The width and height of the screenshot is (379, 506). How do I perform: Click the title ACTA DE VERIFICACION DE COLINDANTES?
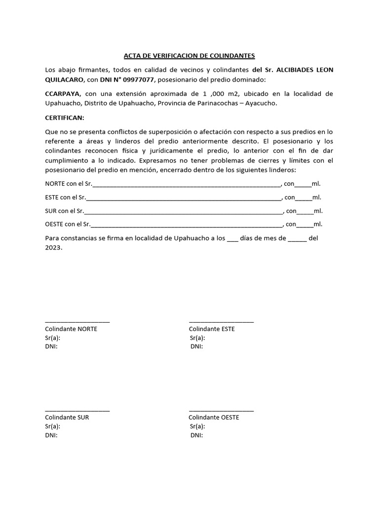189,56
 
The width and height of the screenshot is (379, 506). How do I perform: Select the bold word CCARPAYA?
62,94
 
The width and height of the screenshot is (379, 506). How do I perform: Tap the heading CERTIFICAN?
65,118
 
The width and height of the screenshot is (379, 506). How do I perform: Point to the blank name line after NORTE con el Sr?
187,184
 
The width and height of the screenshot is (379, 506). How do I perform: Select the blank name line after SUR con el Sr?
184,211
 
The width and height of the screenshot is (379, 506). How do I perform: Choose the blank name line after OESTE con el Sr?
186,224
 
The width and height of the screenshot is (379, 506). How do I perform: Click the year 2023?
54,248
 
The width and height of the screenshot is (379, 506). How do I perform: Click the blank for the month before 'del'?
297,239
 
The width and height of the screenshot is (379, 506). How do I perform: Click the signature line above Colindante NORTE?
77,322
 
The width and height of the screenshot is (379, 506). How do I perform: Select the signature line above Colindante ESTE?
221,322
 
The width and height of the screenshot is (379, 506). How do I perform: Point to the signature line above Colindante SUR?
77,410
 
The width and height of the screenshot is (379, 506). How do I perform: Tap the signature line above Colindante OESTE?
221,410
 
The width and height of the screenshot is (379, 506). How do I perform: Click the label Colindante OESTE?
214,417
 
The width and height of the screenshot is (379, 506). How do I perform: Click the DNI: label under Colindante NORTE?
51,347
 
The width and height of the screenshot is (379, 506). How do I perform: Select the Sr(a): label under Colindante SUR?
53,426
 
